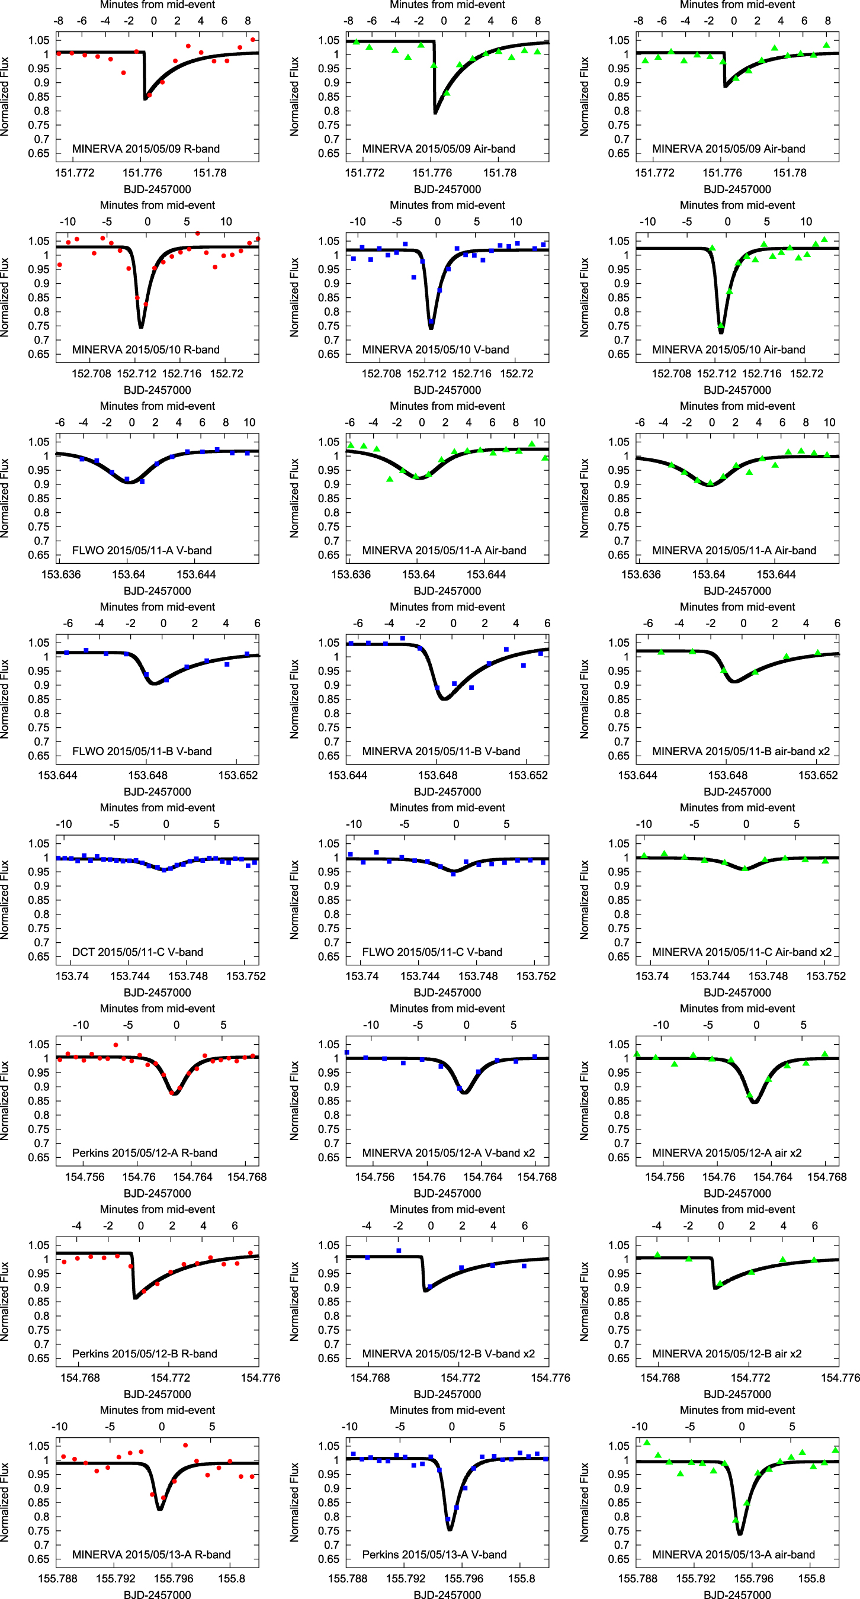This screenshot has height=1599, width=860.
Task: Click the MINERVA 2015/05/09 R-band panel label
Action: pyautogui.click(x=145, y=149)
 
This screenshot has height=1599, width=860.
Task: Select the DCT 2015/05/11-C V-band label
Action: pyautogui.click(x=137, y=952)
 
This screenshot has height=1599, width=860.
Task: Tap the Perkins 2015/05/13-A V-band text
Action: pyautogui.click(x=434, y=1555)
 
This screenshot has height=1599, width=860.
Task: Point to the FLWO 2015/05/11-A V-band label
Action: pyautogui.click(x=142, y=551)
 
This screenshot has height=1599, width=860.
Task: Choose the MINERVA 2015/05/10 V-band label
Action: pyautogui.click(x=435, y=349)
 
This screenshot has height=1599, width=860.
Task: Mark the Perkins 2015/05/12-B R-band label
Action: pyautogui.click(x=144, y=1353)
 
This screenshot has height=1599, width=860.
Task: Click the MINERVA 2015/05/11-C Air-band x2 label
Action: pyautogui.click(x=742, y=952)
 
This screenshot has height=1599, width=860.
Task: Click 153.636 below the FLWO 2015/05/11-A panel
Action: pyautogui.click(x=61, y=574)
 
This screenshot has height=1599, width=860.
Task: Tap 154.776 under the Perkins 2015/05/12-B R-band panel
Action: pyautogui.click(x=260, y=1378)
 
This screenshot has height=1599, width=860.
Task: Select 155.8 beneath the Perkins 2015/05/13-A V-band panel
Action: pyautogui.click(x=521, y=1578)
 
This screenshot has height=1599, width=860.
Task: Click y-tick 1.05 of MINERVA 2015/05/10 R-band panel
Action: pyautogui.click(x=38, y=241)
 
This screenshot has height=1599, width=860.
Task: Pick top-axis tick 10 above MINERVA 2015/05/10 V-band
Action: pyautogui.click(x=516, y=221)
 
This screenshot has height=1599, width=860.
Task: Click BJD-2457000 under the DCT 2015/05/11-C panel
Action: pyautogui.click(x=157, y=993)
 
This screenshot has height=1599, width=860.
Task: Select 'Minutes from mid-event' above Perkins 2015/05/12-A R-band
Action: pyautogui.click(x=157, y=1009)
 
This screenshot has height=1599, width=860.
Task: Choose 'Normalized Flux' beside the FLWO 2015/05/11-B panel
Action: pyautogui.click(x=5, y=699)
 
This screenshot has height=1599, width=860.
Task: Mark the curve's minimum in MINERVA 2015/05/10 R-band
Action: pyautogui.click(x=141, y=326)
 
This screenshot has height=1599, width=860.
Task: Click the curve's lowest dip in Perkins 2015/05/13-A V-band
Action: pyautogui.click(x=450, y=1530)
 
